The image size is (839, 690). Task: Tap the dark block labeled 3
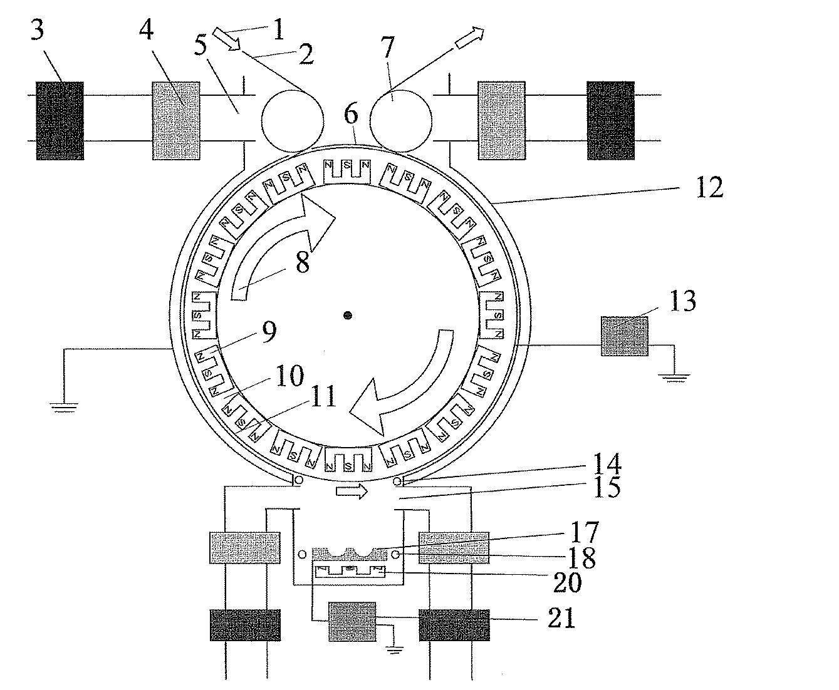pyautogui.click(x=60, y=120)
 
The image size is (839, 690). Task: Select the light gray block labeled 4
pyautogui.click(x=177, y=120)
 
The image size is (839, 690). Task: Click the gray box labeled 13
pyautogui.click(x=625, y=336)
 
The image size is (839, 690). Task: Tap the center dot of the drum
pyautogui.click(x=348, y=315)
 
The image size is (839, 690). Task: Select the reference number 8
pyautogui.click(x=303, y=262)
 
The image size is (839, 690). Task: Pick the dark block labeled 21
pyautogui.click(x=454, y=624)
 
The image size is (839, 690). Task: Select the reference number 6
pyautogui.click(x=351, y=115)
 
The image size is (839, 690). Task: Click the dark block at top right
pyautogui.click(x=610, y=120)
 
